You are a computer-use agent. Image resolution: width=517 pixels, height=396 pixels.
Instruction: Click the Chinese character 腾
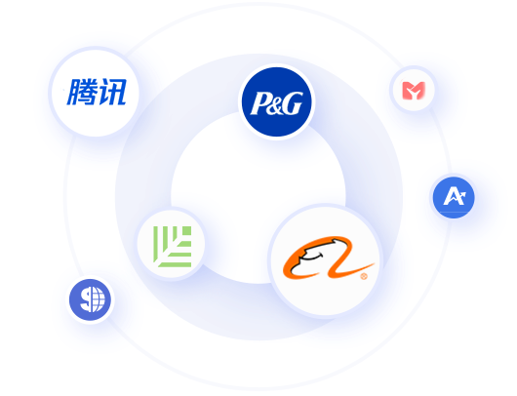point(82,92)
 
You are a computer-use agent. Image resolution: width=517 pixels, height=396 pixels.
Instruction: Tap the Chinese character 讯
point(111,92)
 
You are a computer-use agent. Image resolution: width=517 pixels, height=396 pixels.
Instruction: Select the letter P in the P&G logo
point(259,103)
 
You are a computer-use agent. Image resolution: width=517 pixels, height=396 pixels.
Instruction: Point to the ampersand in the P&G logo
point(276,106)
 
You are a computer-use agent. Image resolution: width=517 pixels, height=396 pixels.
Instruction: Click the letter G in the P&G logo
point(293,103)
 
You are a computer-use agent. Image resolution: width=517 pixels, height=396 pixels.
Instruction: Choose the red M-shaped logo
point(414,91)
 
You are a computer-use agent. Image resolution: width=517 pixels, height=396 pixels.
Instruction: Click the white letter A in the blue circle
point(453,196)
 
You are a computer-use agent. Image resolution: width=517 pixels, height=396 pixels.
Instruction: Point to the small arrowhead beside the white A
point(461,195)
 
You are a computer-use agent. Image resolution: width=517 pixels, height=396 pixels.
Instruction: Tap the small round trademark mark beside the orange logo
point(364,276)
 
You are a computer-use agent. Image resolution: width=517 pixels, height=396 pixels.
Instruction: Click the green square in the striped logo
point(185,231)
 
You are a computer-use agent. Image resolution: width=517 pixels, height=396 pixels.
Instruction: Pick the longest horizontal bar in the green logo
point(176,264)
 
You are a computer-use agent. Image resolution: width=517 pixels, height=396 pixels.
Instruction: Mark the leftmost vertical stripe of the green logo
point(156,244)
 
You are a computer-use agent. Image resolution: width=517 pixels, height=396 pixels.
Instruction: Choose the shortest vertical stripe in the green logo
point(176,235)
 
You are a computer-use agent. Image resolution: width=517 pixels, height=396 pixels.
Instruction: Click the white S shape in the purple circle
point(87,299)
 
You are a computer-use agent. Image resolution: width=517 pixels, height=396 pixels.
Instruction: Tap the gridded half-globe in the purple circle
point(99,299)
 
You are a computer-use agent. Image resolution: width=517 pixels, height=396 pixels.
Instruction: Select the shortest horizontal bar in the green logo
point(185,244)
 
